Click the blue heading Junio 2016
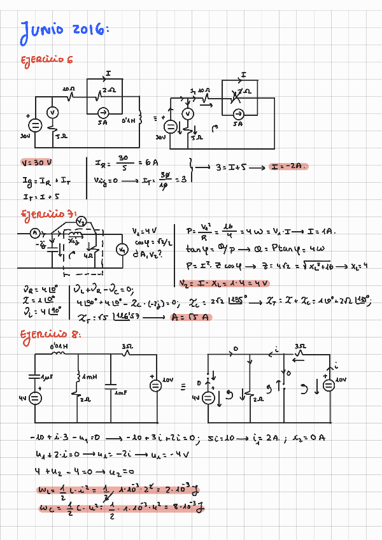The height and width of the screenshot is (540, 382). [x=64, y=31]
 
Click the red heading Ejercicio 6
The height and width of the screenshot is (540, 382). [x=48, y=60]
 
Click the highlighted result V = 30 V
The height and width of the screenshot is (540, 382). [x=36, y=163]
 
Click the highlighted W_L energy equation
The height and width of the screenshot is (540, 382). [x=118, y=492]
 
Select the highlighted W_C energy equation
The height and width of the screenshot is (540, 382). [x=121, y=509]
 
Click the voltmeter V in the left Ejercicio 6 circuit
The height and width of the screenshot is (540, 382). [x=53, y=113]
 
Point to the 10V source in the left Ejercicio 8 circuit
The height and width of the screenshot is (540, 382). [x=155, y=385]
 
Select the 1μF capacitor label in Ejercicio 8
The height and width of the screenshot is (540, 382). [x=46, y=378]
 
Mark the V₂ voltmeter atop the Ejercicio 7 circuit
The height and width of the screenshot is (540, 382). [x=81, y=221]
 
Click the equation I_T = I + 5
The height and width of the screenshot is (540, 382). [x=36, y=197]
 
